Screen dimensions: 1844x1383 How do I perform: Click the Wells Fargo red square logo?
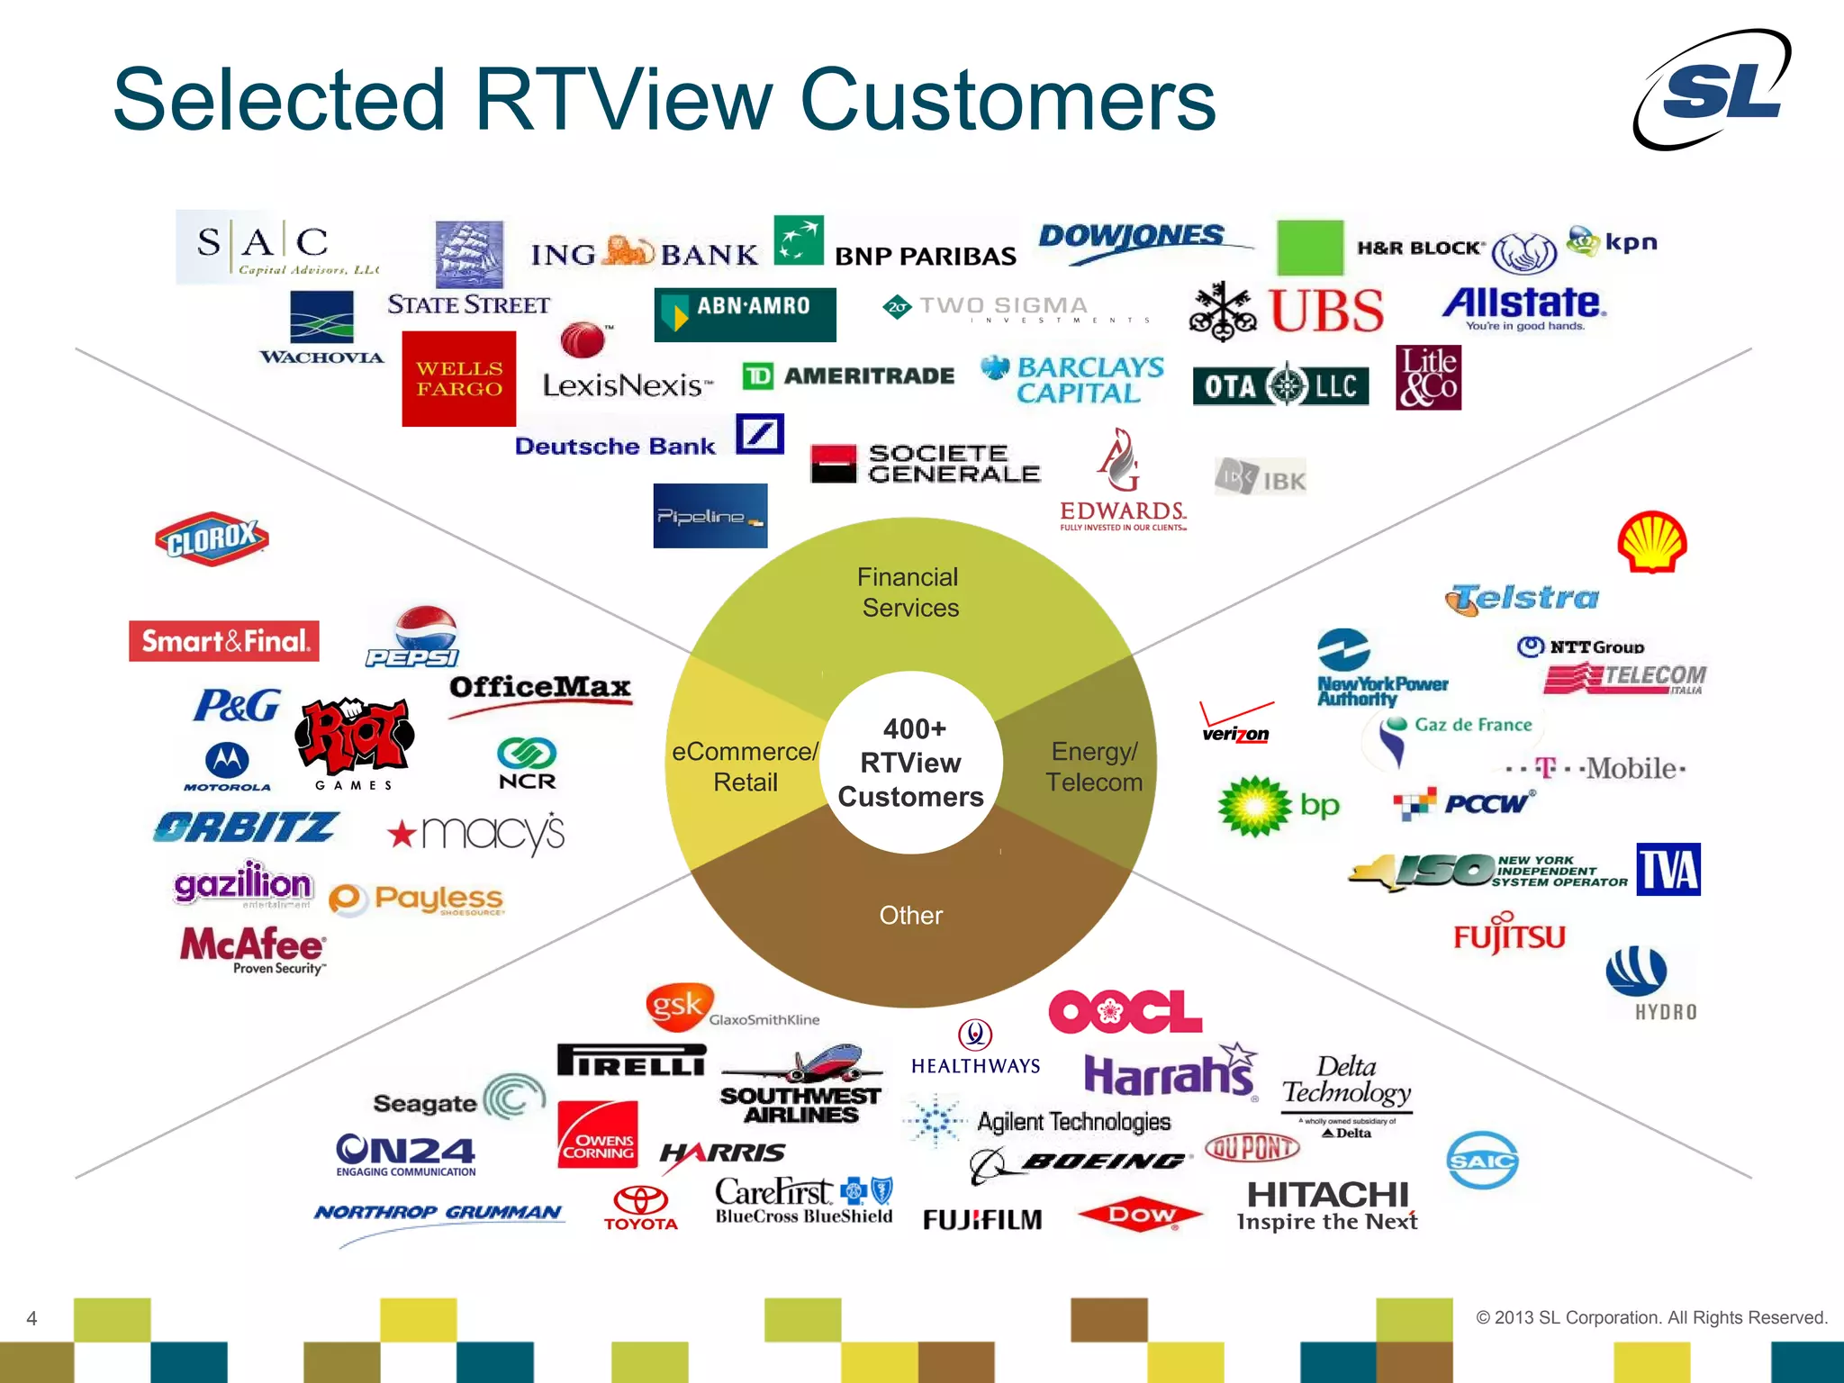point(458,379)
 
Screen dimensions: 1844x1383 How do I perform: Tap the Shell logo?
point(1651,542)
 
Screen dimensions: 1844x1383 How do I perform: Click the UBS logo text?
point(1325,312)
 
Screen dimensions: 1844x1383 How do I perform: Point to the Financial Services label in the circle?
point(908,592)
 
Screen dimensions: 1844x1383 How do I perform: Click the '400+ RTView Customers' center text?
point(910,763)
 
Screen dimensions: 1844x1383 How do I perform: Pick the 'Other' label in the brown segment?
point(910,916)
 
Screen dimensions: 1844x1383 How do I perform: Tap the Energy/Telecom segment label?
point(1093,766)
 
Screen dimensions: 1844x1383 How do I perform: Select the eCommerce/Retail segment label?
point(745,766)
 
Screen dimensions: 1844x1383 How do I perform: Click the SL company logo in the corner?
point(1713,90)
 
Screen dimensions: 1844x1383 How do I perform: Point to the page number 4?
point(32,1319)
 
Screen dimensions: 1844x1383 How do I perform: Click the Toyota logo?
point(640,1207)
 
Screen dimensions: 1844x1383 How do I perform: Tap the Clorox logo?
point(212,538)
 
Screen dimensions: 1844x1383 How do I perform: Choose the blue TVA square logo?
point(1668,870)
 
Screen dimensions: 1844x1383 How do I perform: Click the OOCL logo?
point(1125,1012)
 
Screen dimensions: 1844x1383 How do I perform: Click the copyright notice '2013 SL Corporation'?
point(1650,1318)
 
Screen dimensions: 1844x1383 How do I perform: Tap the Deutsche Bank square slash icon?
point(760,434)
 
